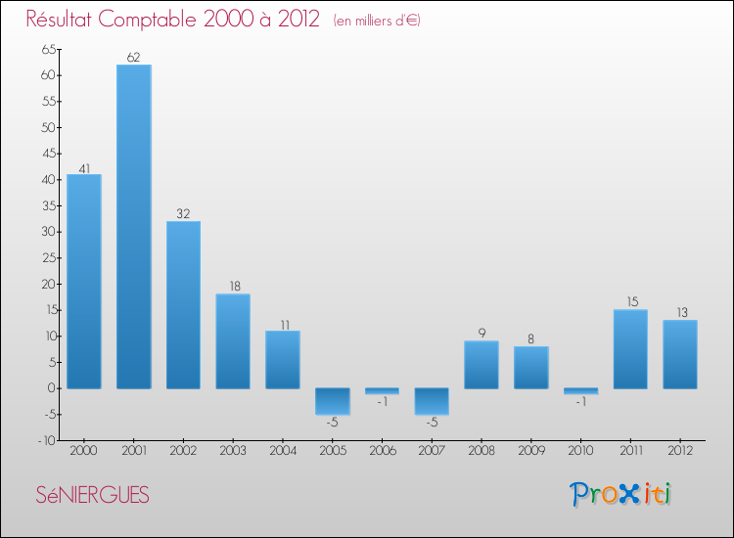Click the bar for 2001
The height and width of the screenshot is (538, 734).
pyautogui.click(x=133, y=226)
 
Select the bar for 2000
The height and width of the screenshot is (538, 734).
pyautogui.click(x=84, y=281)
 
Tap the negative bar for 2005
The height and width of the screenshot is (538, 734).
pyautogui.click(x=333, y=401)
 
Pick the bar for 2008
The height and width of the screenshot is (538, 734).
pyautogui.click(x=482, y=364)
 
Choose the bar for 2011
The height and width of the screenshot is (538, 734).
pyautogui.click(x=630, y=348)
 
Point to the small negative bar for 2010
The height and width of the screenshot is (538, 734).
pyautogui.click(x=580, y=390)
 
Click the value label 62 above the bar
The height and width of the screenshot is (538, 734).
pyautogui.click(x=133, y=58)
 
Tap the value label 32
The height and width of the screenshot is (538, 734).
pyautogui.click(x=183, y=214)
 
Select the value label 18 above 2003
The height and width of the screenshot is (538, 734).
pyautogui.click(x=233, y=287)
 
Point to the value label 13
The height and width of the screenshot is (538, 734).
pyautogui.click(x=680, y=313)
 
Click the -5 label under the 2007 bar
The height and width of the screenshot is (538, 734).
pyautogui.click(x=432, y=423)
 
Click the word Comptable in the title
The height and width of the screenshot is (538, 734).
pyautogui.click(x=176, y=21)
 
